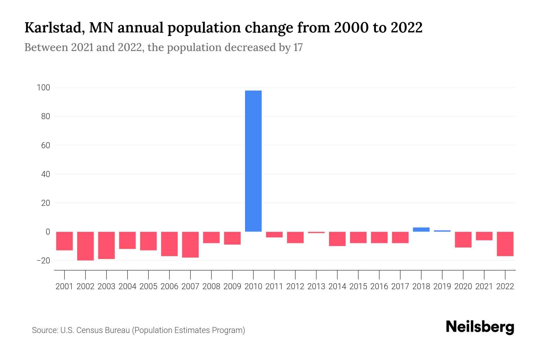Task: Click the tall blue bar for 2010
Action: [253, 161]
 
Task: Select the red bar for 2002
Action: [85, 246]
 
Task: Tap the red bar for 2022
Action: [505, 244]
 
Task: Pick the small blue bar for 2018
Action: [421, 229]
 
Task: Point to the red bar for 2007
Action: [190, 244]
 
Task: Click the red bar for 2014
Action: [337, 239]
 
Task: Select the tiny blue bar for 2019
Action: [442, 231]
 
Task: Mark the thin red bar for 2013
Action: [316, 232]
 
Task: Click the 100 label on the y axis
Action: [43, 88]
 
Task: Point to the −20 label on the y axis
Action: [43, 260]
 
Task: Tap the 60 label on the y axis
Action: [45, 145]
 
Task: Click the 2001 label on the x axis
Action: [64, 286]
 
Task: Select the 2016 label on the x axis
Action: [379, 286]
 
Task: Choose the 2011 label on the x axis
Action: [274, 286]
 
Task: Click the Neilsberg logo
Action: [480, 327]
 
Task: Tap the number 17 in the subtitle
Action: [298, 47]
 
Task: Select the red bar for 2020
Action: [463, 239]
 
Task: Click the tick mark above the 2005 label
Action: [148, 274]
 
